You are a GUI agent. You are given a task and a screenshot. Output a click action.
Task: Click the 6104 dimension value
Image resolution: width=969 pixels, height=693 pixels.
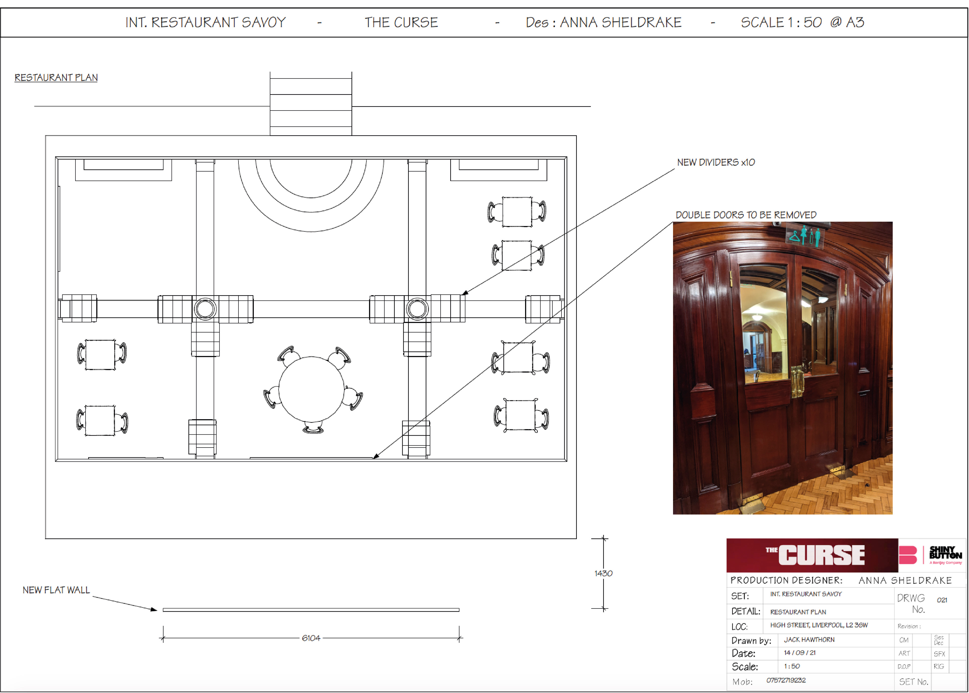click(311, 638)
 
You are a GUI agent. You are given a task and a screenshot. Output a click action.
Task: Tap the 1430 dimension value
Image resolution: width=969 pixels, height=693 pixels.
click(603, 573)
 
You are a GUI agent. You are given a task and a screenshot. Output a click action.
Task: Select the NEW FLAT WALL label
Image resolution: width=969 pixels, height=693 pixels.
click(56, 590)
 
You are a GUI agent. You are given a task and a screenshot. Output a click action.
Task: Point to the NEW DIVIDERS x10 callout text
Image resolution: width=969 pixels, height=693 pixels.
click(716, 162)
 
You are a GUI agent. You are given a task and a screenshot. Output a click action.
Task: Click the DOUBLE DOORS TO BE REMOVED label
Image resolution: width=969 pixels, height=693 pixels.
click(746, 215)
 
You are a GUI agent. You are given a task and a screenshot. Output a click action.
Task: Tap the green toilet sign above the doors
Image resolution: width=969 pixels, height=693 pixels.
click(805, 236)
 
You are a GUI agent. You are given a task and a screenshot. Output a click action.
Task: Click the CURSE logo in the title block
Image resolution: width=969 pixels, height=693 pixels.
click(815, 555)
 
